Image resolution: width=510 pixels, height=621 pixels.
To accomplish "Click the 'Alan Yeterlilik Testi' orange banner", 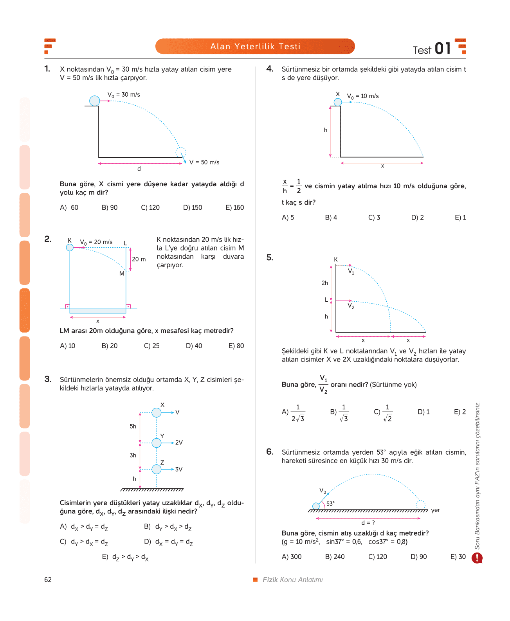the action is (x=255, y=46).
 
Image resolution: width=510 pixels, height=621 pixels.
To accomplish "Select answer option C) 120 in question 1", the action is (x=150, y=208).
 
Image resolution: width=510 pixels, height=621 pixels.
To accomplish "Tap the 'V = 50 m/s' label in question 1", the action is (x=204, y=162).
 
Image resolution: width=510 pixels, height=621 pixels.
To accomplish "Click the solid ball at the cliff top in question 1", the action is (x=94, y=101).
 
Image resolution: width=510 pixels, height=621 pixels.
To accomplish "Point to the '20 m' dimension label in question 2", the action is (x=139, y=259).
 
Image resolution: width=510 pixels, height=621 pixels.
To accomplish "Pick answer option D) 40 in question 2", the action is (x=194, y=346).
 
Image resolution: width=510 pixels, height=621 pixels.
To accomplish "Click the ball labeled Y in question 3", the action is (x=156, y=443).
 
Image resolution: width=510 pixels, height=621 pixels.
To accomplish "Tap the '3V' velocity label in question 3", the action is (x=179, y=469).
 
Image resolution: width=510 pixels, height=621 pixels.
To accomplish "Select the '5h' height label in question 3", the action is (x=133, y=426).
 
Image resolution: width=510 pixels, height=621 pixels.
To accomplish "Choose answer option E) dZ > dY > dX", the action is (x=125, y=557).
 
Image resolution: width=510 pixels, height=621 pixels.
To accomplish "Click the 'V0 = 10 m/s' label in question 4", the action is (x=362, y=96).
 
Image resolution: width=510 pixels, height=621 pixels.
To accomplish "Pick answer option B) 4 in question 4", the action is (x=331, y=217).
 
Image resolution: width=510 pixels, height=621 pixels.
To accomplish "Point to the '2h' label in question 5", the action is (x=324, y=283).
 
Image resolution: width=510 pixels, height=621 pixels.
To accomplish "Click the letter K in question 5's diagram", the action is (x=336, y=259).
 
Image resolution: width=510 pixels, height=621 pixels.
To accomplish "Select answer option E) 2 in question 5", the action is (x=460, y=412).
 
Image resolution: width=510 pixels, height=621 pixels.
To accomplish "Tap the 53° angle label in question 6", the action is (x=330, y=504).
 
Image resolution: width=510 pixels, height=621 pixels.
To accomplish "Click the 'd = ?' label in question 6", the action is (x=368, y=523).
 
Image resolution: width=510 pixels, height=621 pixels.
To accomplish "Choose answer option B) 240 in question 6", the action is (x=335, y=556).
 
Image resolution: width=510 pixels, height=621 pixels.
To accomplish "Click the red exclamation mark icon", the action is (x=477, y=558).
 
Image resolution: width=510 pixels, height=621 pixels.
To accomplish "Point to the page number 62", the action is (x=48, y=580).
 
